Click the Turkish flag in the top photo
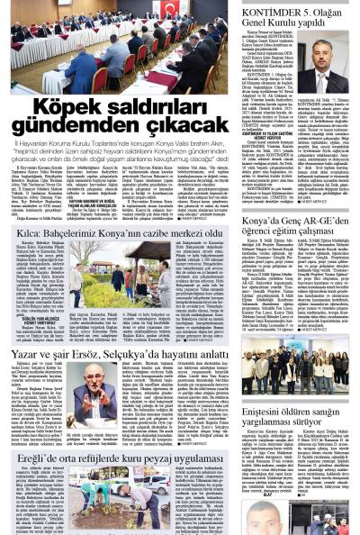[170, 11]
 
